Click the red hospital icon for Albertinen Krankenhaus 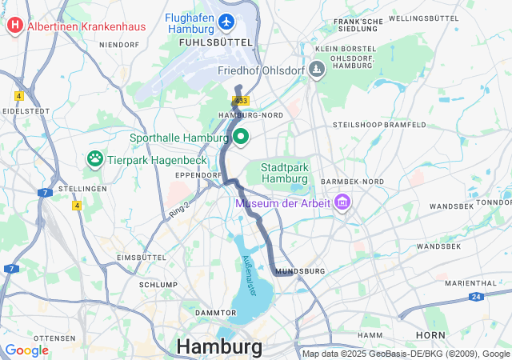click(x=14, y=26)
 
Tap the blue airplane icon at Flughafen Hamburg click(x=227, y=19)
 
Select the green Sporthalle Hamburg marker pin click(x=240, y=137)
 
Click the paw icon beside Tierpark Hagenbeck click(x=94, y=158)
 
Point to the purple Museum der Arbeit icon click(x=344, y=201)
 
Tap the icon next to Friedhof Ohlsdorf click(x=317, y=70)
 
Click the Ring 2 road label click(x=179, y=206)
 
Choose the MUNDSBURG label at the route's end click(x=300, y=271)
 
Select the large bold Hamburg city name click(x=218, y=347)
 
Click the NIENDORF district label click(x=119, y=45)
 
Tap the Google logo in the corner click(x=26, y=350)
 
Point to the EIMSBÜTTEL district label click(x=140, y=257)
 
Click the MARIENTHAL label click(x=471, y=283)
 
